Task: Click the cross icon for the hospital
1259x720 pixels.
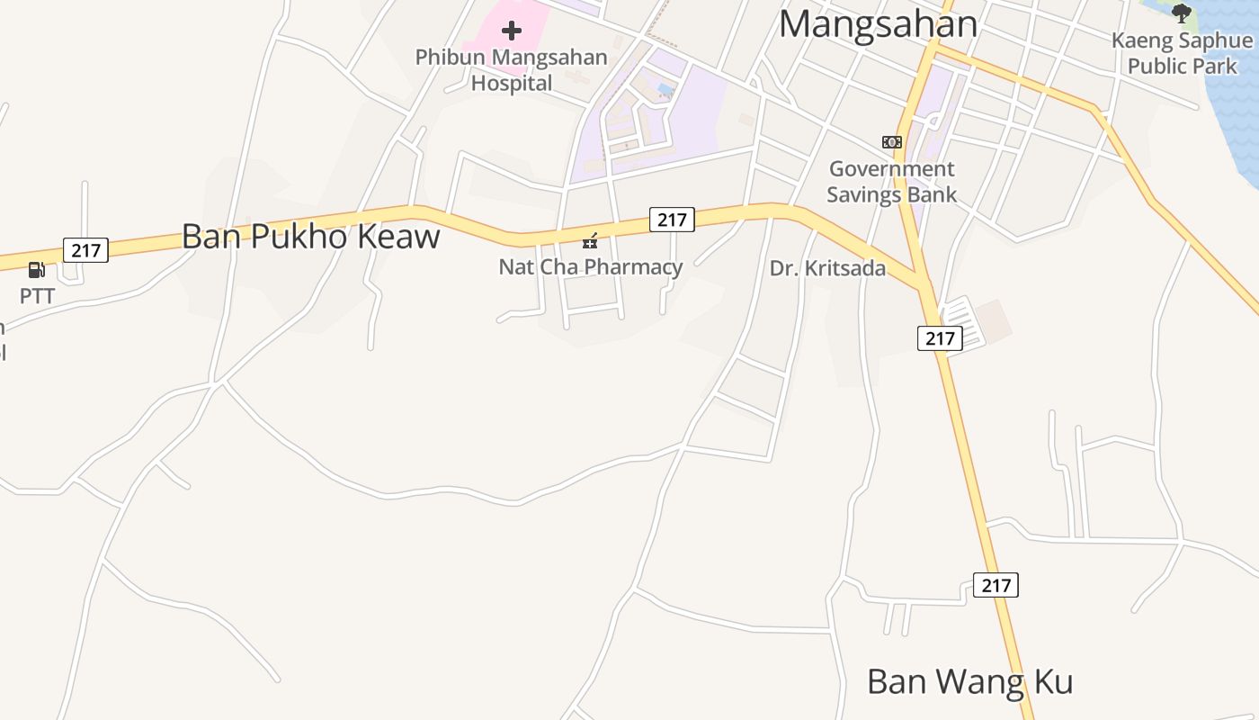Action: (512, 31)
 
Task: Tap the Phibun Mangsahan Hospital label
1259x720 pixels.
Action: (511, 70)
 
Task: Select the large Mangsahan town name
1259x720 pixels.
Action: (878, 24)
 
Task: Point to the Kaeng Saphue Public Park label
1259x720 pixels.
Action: (1182, 53)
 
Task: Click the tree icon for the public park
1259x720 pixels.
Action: (1182, 13)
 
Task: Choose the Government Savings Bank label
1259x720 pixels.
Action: (891, 182)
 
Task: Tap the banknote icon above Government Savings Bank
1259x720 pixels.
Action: (891, 142)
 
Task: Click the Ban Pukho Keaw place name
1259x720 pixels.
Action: (310, 237)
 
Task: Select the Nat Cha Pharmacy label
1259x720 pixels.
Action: (590, 267)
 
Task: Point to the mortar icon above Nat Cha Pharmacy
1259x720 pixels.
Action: (590, 240)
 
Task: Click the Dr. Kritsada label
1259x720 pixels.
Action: (827, 268)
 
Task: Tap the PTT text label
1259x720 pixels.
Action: (37, 296)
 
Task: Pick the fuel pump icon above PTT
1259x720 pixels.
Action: (37, 269)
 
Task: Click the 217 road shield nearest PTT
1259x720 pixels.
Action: (85, 250)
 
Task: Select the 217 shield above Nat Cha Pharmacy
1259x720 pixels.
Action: (672, 220)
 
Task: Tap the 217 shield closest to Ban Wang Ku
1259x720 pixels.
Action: (996, 585)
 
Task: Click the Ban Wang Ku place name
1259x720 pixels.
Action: (969, 682)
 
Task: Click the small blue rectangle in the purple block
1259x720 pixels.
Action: (665, 89)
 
